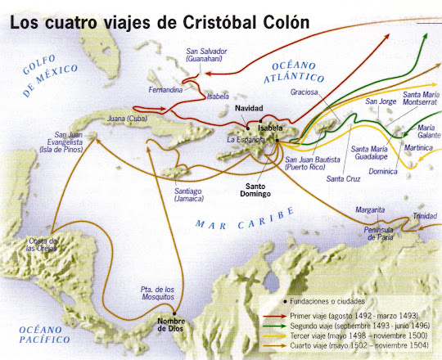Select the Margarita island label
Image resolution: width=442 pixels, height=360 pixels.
pyautogui.click(x=370, y=209)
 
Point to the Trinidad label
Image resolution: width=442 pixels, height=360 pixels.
pyautogui.click(x=425, y=215)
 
